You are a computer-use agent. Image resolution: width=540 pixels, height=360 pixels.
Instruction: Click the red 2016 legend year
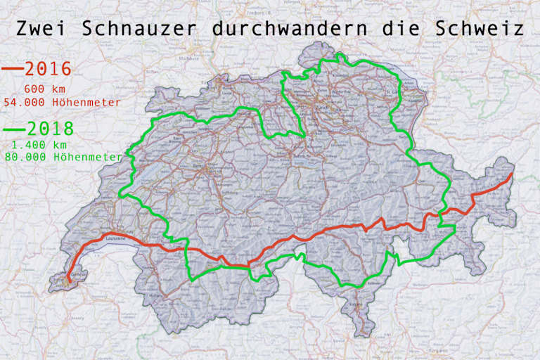pos(48,69)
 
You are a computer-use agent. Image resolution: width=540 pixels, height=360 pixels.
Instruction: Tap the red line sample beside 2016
pos(12,70)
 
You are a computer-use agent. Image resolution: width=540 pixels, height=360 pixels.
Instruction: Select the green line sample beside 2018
pos(13,129)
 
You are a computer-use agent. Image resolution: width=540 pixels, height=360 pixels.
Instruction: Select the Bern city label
pos(197,166)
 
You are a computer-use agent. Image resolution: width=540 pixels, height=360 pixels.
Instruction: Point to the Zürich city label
pos(323,110)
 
